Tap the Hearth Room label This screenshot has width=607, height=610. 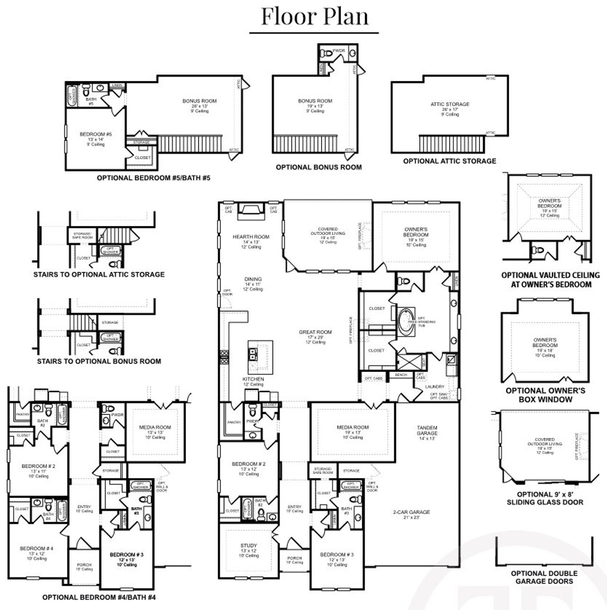pos(251,237)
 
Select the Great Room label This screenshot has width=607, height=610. pos(315,332)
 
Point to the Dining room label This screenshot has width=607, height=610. pos(253,280)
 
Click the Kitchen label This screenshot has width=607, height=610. pos(253,379)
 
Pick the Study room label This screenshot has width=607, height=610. pos(248,546)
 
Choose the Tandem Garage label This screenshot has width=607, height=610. pos(427,431)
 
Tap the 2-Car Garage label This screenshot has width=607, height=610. pos(411,512)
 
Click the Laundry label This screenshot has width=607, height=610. pos(435,387)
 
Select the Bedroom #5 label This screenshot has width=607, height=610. pos(96,135)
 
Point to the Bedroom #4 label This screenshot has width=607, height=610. pos(37,549)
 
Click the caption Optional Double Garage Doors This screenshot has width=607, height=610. pos(544,577)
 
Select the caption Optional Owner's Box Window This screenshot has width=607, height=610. pos(545,395)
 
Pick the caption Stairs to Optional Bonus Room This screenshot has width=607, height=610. pos(99,361)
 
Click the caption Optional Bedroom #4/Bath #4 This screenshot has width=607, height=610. pos(99,597)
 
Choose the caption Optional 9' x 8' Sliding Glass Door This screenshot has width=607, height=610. pos(545,498)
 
